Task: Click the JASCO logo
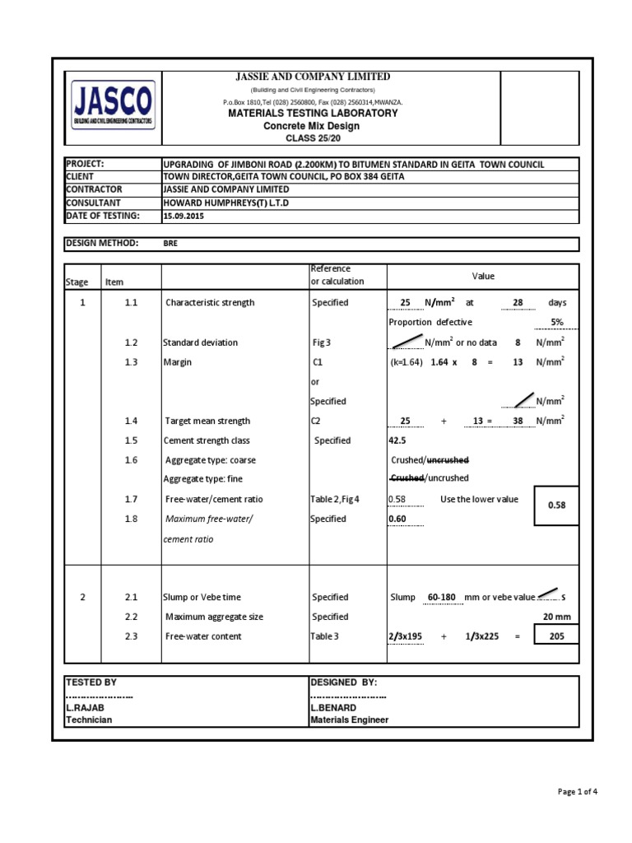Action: pos(112,106)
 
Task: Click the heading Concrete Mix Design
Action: pos(312,126)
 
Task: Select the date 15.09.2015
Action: pos(184,216)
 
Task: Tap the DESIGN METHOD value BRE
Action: pos(170,244)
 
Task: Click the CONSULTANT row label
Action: pos(94,203)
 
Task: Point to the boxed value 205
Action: pos(557,636)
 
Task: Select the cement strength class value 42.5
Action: pos(398,440)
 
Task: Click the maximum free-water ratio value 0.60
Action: pos(398,519)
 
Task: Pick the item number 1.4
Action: pos(131,421)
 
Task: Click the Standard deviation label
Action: pos(200,342)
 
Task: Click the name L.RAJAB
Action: pos(85,707)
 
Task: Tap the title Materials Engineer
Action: pos(349,720)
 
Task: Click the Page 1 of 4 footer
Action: pos(577,792)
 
